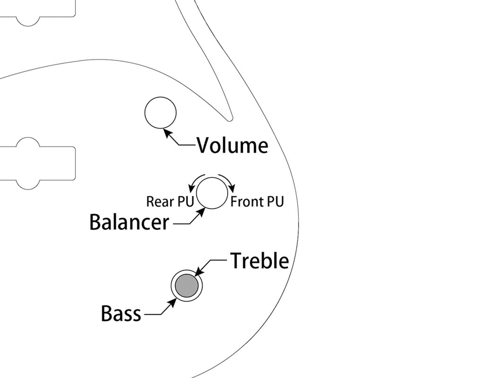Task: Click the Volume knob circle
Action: pyautogui.click(x=160, y=113)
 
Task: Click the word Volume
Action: pyautogui.click(x=232, y=145)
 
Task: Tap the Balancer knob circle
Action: pyautogui.click(x=212, y=193)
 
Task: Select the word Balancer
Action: pyautogui.click(x=129, y=222)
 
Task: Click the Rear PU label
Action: pyautogui.click(x=170, y=202)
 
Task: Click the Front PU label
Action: pyautogui.click(x=257, y=202)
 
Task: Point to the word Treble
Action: pyautogui.click(x=259, y=261)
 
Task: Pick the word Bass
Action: pyautogui.click(x=121, y=313)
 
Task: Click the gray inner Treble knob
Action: pyautogui.click(x=186, y=286)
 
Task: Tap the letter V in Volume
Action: pyautogui.click(x=204, y=145)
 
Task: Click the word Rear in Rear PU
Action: pyautogui.click(x=160, y=202)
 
